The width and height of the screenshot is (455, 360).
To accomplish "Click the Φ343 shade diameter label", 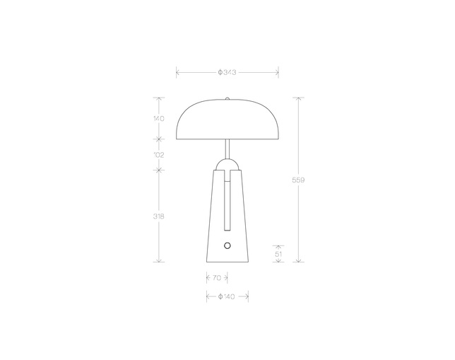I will pyautogui.click(x=227, y=72).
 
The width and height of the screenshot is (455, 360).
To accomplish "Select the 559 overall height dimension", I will pyautogui.click(x=298, y=180).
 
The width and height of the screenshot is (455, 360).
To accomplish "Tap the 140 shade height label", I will pyautogui.click(x=158, y=119).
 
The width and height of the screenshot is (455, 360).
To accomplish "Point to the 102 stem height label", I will pyautogui.click(x=158, y=154).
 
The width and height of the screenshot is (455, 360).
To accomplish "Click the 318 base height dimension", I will pyautogui.click(x=158, y=216).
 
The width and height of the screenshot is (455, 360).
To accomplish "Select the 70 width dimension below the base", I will pyautogui.click(x=216, y=278).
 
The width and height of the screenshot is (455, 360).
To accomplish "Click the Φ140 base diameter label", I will pyautogui.click(x=227, y=296).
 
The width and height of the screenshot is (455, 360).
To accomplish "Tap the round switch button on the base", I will pyautogui.click(x=227, y=245).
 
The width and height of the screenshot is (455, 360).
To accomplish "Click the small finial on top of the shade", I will pyautogui.click(x=227, y=99).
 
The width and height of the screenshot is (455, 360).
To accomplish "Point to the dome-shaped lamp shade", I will pyautogui.click(x=227, y=120).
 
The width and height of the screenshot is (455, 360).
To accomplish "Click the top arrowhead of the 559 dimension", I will pyautogui.click(x=299, y=99).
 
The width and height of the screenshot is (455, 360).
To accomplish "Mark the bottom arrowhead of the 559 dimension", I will pyautogui.click(x=299, y=260).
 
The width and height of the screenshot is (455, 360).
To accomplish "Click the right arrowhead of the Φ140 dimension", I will pyautogui.click(x=247, y=296).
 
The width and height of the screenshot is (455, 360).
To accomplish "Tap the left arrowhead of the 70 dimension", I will pyautogui.click(x=207, y=278).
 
